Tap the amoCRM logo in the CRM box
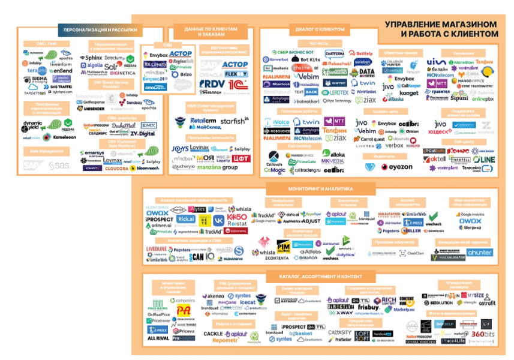coord(154,87)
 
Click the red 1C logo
coord(236,83)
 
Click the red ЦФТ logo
coord(241,158)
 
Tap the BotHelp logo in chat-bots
coord(365,53)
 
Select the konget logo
coord(409,93)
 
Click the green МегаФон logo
coord(464,62)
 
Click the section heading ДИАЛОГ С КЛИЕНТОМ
coord(320,29)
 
